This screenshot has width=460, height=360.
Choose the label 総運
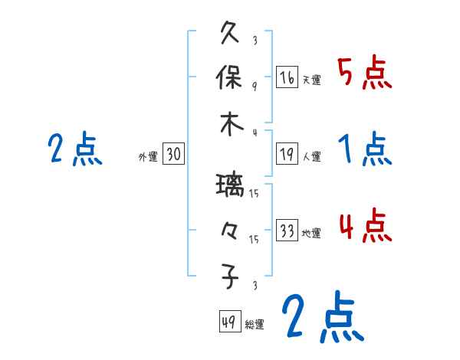pyautogui.click(x=255, y=324)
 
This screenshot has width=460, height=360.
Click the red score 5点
pyautogui.click(x=365, y=74)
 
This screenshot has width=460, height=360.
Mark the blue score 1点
pyautogui.click(x=365, y=150)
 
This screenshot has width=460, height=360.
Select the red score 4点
pyautogui.click(x=365, y=227)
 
